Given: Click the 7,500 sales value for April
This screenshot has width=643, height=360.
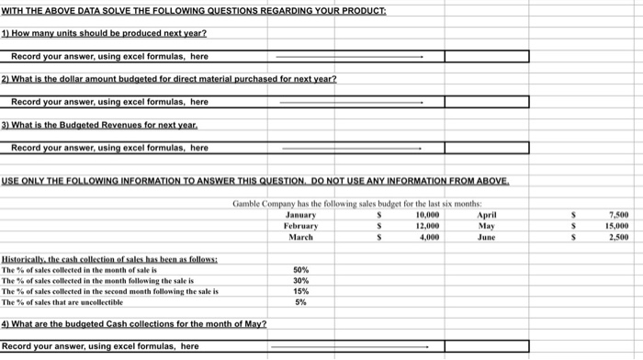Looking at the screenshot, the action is point(616,214).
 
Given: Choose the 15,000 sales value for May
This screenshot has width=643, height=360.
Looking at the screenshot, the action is point(615,225).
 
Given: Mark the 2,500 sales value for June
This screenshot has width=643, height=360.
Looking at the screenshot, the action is point(616,236).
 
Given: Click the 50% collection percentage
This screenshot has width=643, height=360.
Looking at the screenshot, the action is point(300,270).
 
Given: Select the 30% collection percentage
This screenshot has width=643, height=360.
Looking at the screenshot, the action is point(300,281).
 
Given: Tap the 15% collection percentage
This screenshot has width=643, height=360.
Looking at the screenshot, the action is point(300,291).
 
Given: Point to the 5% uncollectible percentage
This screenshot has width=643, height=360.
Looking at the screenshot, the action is point(300,302).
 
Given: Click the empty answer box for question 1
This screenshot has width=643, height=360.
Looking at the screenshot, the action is point(487,56).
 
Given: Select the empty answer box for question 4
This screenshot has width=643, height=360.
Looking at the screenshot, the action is point(487,346).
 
